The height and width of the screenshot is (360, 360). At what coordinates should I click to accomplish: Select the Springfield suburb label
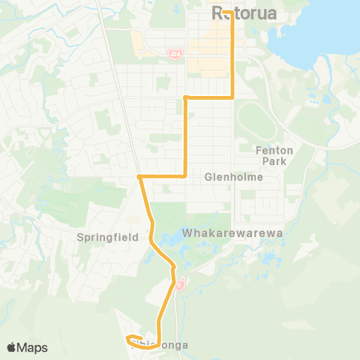pos(108,237)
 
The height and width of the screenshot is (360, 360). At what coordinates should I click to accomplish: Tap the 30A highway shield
pos(174,52)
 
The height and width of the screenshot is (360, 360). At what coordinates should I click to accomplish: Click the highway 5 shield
pos(180,285)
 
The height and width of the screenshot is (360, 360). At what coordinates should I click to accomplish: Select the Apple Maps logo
pos(27,347)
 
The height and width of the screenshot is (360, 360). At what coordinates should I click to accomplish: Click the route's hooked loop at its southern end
pos(130,338)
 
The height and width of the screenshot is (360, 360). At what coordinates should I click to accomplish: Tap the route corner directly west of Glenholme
pos(185,176)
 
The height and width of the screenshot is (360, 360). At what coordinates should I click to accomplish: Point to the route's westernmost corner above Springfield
pos(139,177)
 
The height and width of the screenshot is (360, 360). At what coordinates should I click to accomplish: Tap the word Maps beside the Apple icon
pos(33,347)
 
